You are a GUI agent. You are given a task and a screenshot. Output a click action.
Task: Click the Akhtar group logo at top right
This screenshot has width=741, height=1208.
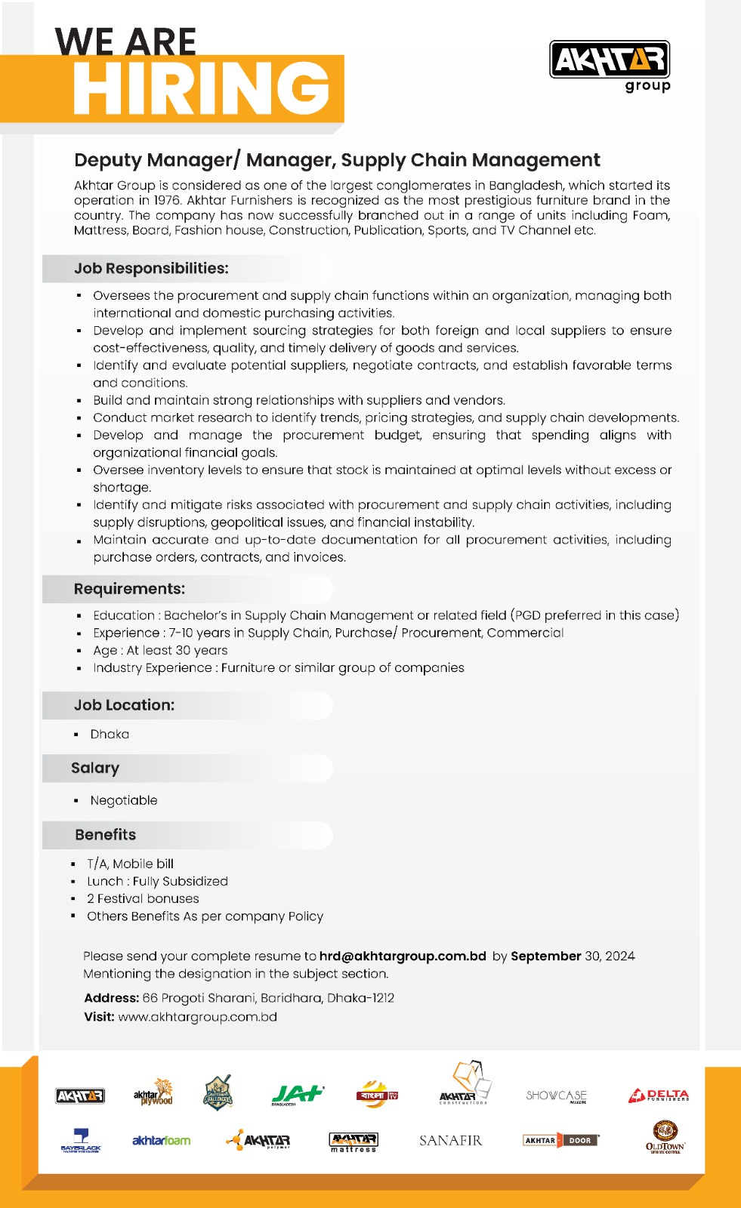point(610,65)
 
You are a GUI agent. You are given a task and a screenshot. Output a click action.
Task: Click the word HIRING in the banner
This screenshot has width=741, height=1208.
point(202,88)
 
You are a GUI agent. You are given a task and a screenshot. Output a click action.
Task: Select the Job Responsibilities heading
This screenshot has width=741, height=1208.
point(151,269)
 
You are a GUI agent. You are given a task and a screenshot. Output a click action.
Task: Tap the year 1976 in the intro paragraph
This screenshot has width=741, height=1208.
point(167,200)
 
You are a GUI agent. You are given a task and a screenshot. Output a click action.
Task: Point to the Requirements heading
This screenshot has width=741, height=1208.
point(129,589)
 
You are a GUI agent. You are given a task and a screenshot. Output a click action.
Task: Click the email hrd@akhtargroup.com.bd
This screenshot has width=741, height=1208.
point(403,956)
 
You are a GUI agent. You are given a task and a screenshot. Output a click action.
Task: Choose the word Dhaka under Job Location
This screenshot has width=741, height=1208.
point(110,734)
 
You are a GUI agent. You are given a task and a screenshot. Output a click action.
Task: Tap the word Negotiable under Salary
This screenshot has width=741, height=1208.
point(124,800)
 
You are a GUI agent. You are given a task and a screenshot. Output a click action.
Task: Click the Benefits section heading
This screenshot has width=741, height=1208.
point(106,835)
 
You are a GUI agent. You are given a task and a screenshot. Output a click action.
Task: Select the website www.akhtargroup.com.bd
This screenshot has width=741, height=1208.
point(198,1017)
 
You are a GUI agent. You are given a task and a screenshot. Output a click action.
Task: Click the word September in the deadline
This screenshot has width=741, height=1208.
point(545,956)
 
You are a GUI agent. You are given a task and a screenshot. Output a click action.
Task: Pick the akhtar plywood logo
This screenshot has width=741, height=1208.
point(153,1093)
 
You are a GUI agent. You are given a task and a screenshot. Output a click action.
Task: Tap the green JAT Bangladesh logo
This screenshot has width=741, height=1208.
point(297,1094)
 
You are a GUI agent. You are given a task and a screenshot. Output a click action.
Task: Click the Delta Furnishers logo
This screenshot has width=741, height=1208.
point(659,1095)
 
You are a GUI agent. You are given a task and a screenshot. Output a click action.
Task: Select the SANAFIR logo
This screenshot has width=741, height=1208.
point(450,1140)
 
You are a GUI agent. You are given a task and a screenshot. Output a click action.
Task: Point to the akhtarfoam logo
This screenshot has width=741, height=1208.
point(161,1140)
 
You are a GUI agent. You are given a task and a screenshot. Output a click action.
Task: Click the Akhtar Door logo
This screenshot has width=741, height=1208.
point(560,1140)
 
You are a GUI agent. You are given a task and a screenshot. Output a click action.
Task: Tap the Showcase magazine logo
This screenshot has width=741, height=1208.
point(556,1096)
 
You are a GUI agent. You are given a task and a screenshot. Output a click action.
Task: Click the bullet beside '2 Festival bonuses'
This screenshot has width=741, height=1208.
point(73,898)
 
